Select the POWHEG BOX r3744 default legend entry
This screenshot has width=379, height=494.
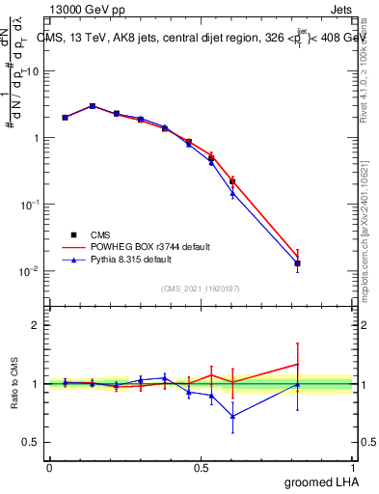[142, 247]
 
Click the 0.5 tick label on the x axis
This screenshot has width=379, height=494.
[201, 467]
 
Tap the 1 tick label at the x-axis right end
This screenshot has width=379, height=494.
[352, 467]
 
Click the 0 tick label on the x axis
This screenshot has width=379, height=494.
[49, 467]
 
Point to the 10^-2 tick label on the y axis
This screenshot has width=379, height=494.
[29, 271]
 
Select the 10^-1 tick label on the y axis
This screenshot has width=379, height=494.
[29, 205]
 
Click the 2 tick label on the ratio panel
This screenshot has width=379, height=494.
[36, 325]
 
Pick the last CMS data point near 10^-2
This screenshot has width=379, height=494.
[298, 263]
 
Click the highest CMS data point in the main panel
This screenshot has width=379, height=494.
[93, 106]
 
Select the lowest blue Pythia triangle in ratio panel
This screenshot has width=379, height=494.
[232, 417]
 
